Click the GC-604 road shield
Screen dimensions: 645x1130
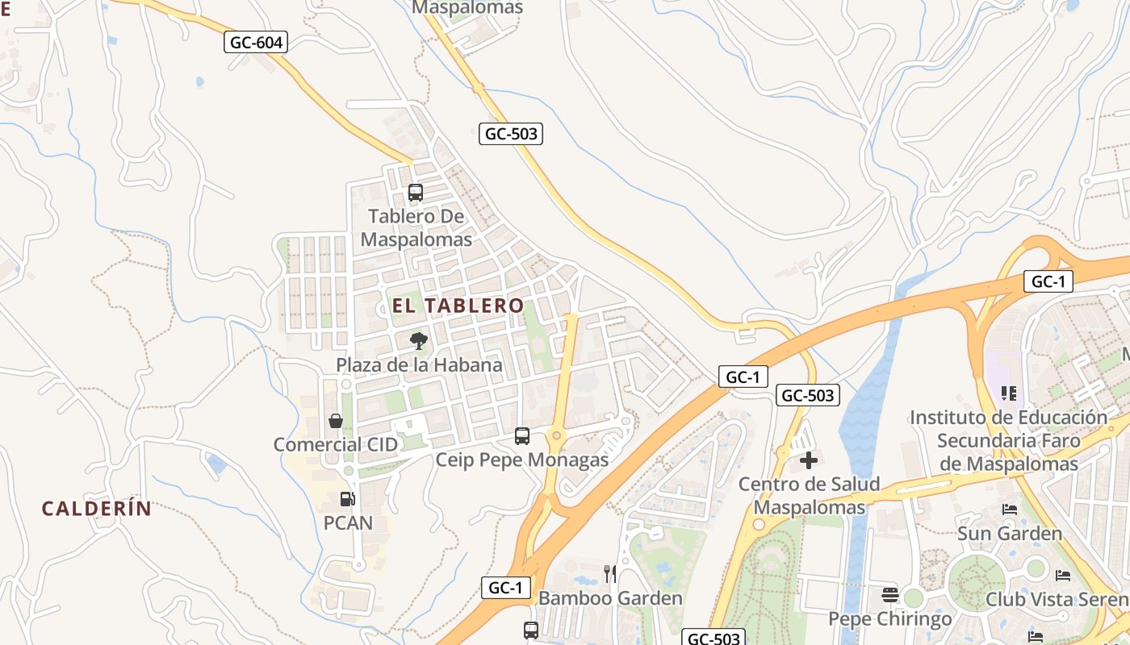(256, 42)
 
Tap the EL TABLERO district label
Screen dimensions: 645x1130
(458, 306)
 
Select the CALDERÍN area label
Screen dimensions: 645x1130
(97, 509)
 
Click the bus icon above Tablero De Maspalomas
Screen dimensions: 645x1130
(416, 193)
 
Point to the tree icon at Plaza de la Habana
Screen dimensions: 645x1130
(418, 341)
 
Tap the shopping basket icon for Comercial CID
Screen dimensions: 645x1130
(336, 421)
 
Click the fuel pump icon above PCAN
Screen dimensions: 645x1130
(347, 499)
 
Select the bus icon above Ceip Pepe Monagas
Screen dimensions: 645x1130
(522, 436)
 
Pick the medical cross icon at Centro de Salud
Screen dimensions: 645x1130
(809, 460)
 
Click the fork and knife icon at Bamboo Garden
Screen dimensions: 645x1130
(610, 574)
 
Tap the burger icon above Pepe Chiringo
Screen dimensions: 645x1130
(890, 595)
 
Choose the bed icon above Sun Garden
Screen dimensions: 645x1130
(1010, 510)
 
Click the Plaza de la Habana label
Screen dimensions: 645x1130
(419, 365)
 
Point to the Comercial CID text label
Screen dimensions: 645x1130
(336, 445)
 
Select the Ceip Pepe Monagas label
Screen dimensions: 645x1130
(522, 460)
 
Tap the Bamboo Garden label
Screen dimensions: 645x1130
(610, 598)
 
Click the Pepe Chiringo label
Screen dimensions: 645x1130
(890, 619)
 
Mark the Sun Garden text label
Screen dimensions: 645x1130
(1010, 534)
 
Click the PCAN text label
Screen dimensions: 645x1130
(348, 523)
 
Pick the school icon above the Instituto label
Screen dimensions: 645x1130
(1009, 393)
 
